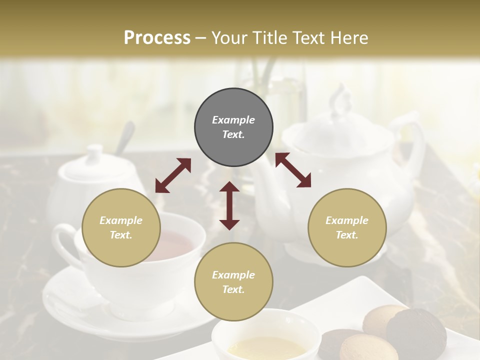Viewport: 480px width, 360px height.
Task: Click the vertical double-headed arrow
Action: pyautogui.click(x=229, y=205)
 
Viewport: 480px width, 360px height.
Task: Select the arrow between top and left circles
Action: pyautogui.click(x=173, y=175)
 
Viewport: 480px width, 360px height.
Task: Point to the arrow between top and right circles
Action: pyautogui.click(x=293, y=170)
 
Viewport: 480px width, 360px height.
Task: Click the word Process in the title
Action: pyautogui.click(x=157, y=38)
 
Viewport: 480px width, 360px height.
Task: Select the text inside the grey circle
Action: pyautogui.click(x=233, y=127)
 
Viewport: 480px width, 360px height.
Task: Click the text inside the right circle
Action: pyautogui.click(x=347, y=227)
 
